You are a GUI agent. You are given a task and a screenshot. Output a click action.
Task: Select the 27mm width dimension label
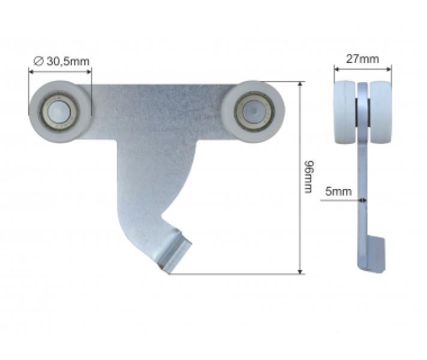click(x=363, y=59)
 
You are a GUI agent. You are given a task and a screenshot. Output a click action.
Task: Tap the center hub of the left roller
click(x=59, y=110)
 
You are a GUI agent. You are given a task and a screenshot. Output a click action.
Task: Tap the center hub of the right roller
click(x=253, y=110)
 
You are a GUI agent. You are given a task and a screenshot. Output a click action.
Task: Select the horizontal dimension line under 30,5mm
click(x=60, y=70)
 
